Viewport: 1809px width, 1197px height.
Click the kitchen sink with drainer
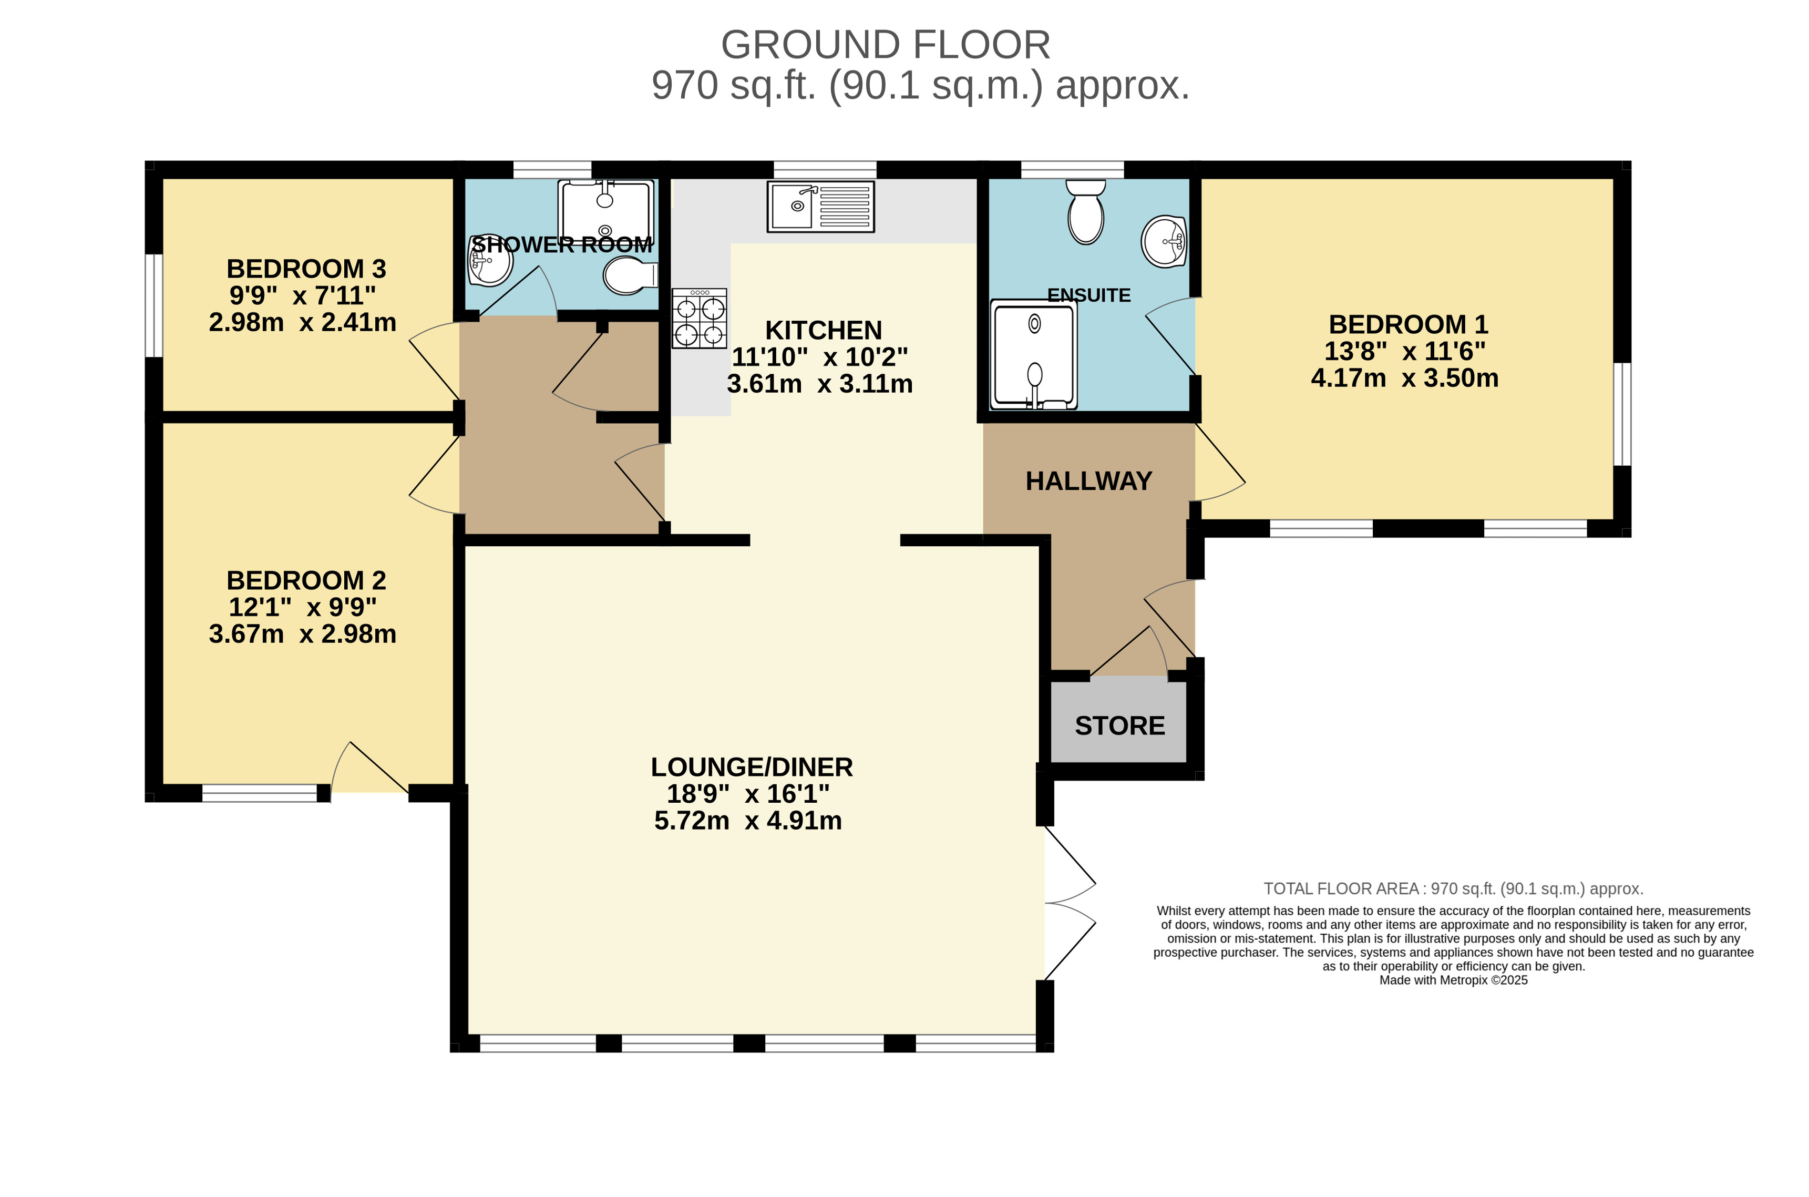click(x=820, y=206)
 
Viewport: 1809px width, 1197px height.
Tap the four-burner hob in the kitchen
click(x=699, y=319)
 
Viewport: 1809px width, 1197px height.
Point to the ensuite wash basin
click(x=1164, y=241)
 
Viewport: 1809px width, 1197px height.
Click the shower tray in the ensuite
click(x=1034, y=354)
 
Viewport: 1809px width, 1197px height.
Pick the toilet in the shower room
click(x=630, y=275)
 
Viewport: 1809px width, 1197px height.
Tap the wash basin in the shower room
click(x=489, y=260)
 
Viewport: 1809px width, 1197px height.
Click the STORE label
click(x=1119, y=725)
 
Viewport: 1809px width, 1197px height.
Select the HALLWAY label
click(x=1088, y=481)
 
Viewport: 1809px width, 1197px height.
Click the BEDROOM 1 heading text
click(x=1407, y=324)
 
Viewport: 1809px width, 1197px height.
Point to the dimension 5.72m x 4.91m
click(x=748, y=821)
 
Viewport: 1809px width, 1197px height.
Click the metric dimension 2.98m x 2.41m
click(x=302, y=322)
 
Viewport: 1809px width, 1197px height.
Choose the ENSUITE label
click(x=1089, y=295)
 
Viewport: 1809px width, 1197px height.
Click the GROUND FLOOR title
click(x=885, y=45)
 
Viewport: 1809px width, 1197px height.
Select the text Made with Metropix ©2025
click(x=1454, y=980)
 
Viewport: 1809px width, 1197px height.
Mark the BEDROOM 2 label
click(x=306, y=581)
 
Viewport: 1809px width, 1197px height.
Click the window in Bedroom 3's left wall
click(x=154, y=305)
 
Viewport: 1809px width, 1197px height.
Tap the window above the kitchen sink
click(x=825, y=169)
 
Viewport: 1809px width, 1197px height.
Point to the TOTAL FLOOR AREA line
click(x=1454, y=888)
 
